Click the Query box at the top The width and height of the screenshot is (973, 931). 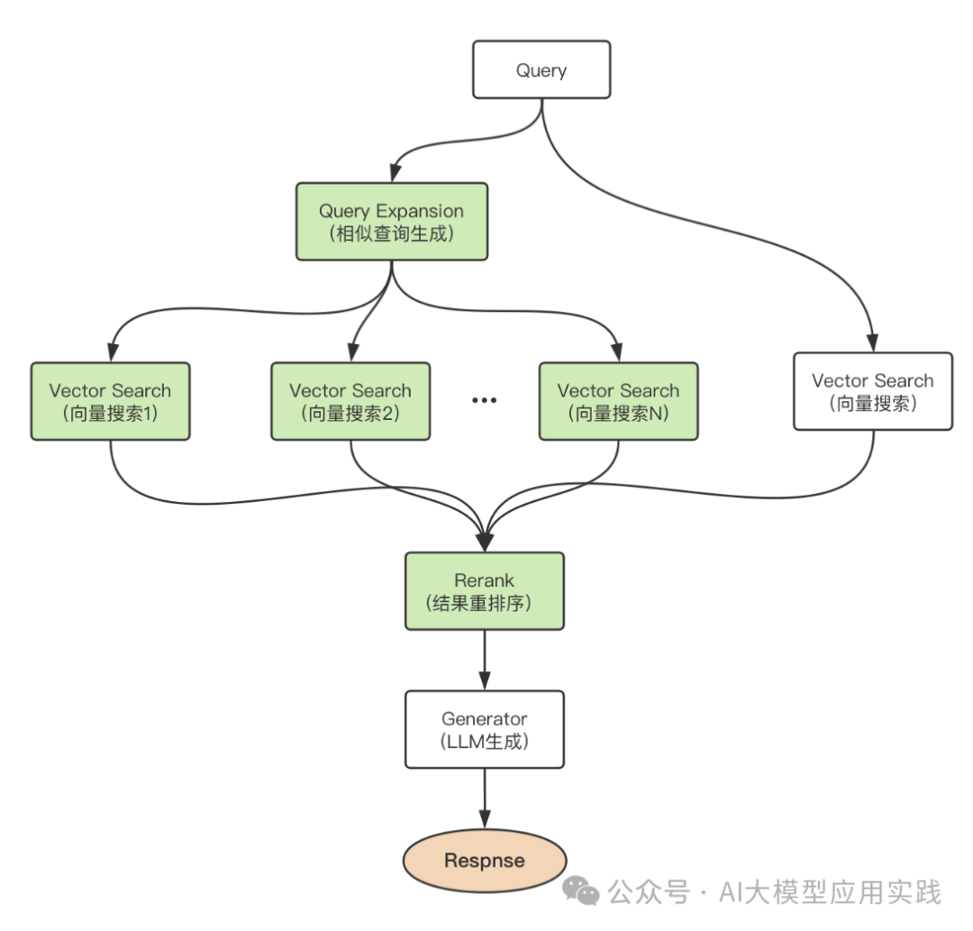click(541, 70)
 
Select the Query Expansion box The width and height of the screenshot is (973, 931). click(391, 222)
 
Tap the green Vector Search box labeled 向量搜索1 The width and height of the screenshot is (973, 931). click(110, 401)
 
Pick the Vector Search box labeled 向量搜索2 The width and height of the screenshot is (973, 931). click(350, 401)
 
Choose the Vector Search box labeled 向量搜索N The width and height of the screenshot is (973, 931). click(618, 401)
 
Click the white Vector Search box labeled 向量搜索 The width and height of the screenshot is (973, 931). click(872, 391)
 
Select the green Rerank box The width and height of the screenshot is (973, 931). click(485, 591)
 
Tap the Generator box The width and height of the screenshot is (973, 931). click(485, 729)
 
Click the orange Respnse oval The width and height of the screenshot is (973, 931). click(484, 860)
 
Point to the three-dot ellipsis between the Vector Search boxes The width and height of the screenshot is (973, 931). click(485, 401)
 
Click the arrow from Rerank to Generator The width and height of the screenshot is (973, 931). click(485, 659)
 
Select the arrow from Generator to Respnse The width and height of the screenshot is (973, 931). click(485, 798)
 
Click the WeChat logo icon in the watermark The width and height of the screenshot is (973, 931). click(581, 891)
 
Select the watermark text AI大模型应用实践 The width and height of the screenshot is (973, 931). click(829, 892)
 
